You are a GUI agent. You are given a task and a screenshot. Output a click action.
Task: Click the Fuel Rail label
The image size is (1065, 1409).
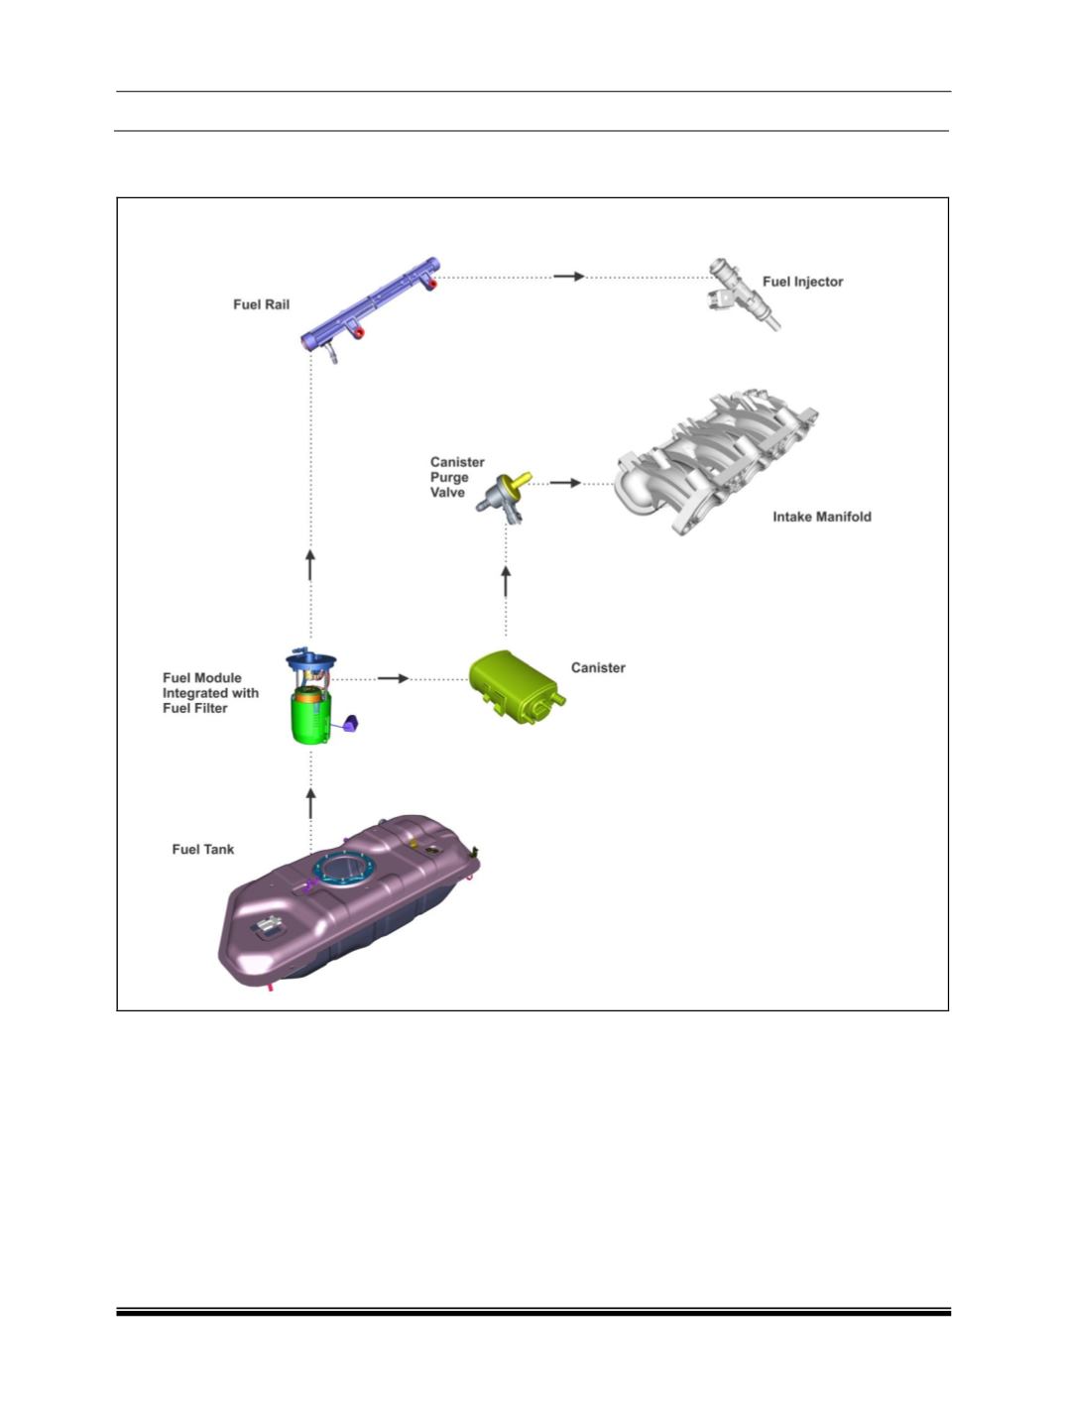click(x=261, y=304)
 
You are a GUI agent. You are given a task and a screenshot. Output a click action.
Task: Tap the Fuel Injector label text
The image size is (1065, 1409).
click(x=802, y=282)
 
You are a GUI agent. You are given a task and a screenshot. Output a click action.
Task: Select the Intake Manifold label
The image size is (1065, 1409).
click(x=822, y=516)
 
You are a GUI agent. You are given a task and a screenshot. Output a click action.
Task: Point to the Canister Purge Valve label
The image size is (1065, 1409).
click(x=456, y=477)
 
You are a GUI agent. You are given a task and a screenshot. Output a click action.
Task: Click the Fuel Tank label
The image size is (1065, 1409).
click(x=203, y=849)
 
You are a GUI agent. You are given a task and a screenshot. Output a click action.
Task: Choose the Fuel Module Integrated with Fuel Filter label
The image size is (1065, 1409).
click(x=210, y=693)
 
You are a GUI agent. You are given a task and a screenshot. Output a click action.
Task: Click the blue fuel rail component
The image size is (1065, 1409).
click(x=371, y=306)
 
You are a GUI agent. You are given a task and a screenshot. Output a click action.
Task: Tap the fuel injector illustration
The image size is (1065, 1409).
click(x=744, y=294)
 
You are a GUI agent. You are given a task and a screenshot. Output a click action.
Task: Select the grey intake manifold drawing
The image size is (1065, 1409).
click(x=715, y=461)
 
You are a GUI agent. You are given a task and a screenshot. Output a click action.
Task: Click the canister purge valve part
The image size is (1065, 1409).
click(x=504, y=498)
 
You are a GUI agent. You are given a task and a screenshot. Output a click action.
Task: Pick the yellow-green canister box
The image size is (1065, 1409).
click(x=516, y=687)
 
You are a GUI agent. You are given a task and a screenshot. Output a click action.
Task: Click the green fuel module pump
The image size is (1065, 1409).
click(x=312, y=715)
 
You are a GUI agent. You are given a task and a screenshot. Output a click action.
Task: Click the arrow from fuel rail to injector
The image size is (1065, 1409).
click(x=569, y=277)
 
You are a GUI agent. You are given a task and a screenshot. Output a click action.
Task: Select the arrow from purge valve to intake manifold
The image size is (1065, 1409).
click(x=565, y=483)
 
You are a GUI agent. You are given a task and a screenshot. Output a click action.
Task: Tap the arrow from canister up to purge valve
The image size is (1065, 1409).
click(x=506, y=581)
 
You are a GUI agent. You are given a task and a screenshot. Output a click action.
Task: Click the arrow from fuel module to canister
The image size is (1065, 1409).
click(x=393, y=678)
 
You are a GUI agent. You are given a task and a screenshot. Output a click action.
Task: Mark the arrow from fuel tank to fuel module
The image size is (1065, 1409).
click(x=310, y=804)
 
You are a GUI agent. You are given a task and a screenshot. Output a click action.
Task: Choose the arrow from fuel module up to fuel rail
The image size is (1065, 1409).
click(x=310, y=565)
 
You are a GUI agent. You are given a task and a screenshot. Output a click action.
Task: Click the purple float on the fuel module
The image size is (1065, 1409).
click(x=351, y=723)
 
